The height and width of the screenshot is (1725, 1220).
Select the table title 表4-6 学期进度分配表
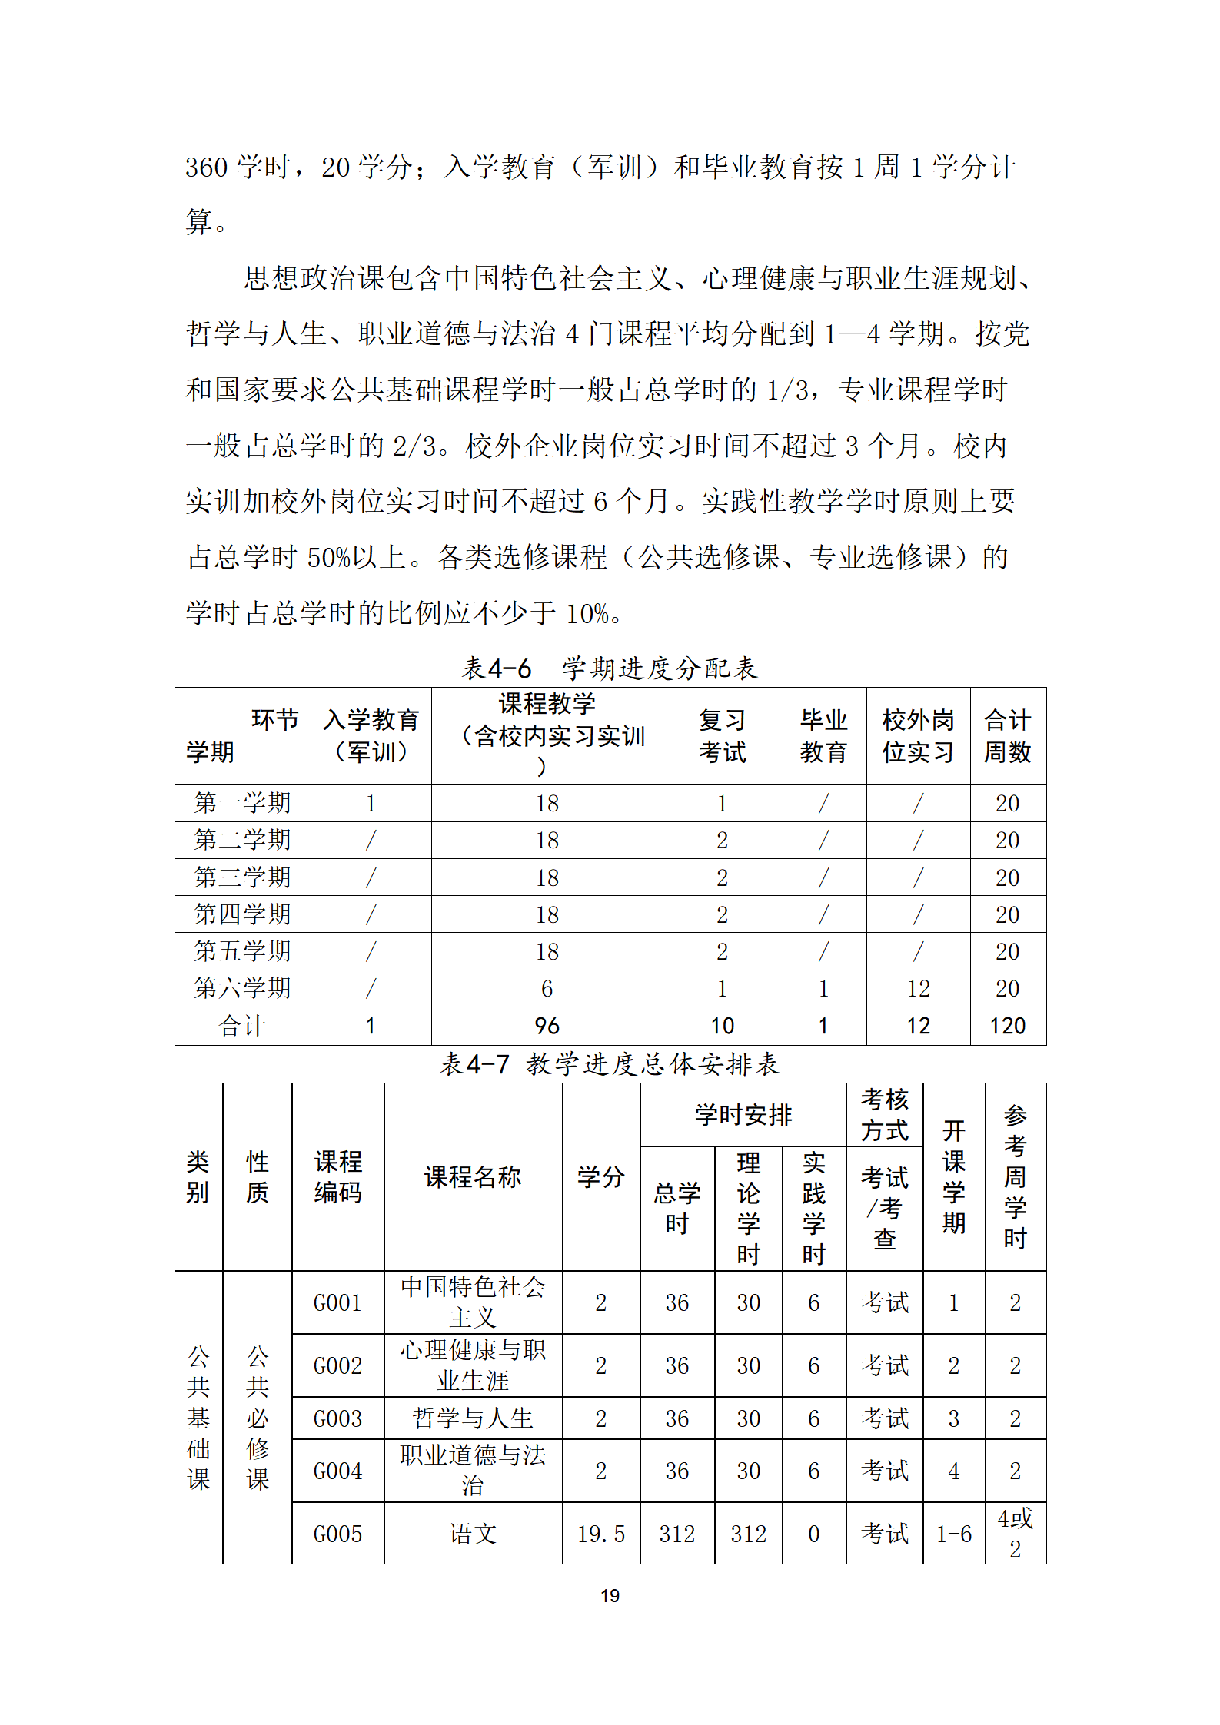(610, 668)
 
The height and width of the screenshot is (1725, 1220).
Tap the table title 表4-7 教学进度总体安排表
(610, 1064)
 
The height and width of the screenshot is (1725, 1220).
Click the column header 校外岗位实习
(918, 735)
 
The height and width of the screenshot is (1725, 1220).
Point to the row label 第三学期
(242, 877)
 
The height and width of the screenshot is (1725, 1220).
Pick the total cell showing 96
(547, 1026)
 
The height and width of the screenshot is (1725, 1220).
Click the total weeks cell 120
(1007, 1026)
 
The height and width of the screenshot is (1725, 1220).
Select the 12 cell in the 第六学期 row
(918, 989)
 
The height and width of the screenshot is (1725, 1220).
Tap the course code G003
(337, 1418)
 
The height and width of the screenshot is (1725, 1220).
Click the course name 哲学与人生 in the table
(473, 1418)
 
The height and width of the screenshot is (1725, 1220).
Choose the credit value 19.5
(601, 1534)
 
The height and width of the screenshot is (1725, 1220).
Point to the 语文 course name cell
(473, 1534)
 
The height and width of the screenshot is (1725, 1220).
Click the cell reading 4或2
(1015, 1533)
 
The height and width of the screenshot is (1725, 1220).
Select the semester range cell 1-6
(953, 1534)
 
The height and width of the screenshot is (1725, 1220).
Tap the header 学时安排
(743, 1115)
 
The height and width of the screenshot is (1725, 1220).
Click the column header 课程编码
(337, 1176)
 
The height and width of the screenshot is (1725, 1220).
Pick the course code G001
(337, 1302)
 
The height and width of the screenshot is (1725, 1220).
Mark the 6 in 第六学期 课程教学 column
(547, 989)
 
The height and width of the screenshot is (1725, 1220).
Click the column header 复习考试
(722, 735)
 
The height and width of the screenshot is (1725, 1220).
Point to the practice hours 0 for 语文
(813, 1534)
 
